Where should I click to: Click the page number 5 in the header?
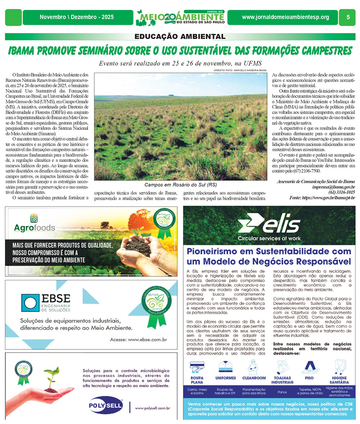pyautogui.click(x=348, y=17)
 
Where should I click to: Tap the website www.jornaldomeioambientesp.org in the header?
pyautogui.click(x=285, y=17)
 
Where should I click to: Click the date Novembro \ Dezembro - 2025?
pyautogui.click(x=75, y=17)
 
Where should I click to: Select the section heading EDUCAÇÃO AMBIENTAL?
pyautogui.click(x=180, y=37)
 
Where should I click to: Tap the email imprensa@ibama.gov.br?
pyautogui.click(x=331, y=187)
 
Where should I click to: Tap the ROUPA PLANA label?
pyautogui.click(x=197, y=380)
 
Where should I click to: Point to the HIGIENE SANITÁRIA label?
pyautogui.click(x=339, y=380)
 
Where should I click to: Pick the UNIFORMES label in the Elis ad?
pyautogui.click(x=226, y=378)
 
